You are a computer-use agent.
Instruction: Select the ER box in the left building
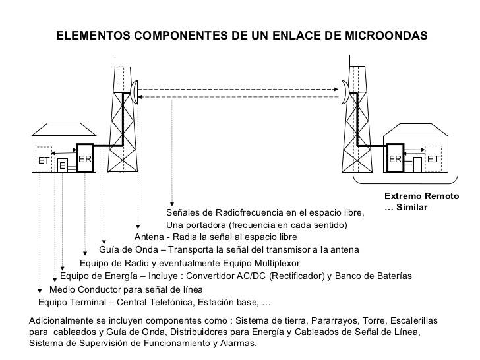[x=86, y=159]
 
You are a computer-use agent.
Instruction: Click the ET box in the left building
[x=44, y=160]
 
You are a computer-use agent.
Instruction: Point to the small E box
[x=62, y=165]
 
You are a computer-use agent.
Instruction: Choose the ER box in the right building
[x=395, y=159]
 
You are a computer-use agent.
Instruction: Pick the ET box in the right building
[x=433, y=159]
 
